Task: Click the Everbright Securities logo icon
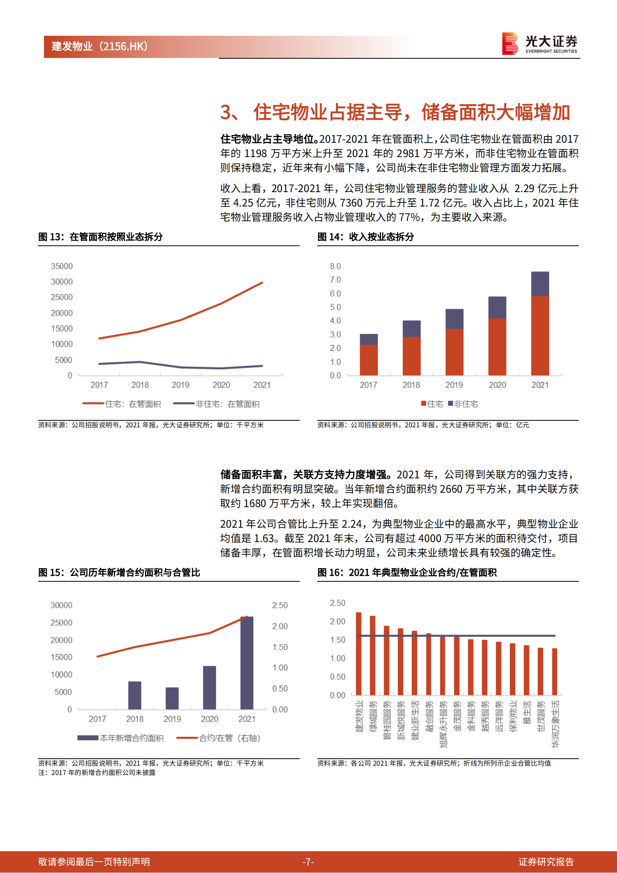510,43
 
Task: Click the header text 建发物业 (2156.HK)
100,46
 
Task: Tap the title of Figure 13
100,237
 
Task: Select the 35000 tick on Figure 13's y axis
62,266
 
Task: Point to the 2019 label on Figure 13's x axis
180,385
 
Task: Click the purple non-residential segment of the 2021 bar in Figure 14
540,284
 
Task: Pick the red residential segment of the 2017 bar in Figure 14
369,360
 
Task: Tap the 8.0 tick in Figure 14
335,266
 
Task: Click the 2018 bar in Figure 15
135,695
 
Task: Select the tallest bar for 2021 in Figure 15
247,663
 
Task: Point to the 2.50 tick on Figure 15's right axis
280,605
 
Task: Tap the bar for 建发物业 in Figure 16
358,653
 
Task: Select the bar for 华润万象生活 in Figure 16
554,672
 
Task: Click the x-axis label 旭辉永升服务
443,724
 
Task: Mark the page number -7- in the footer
308,862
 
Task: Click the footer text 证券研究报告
546,862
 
